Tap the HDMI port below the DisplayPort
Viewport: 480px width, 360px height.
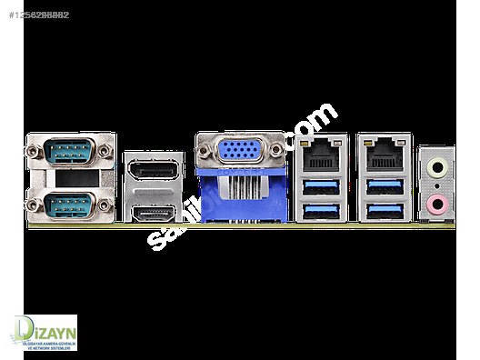152,215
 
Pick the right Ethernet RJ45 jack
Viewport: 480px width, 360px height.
383,155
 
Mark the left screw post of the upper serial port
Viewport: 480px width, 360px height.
36,149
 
